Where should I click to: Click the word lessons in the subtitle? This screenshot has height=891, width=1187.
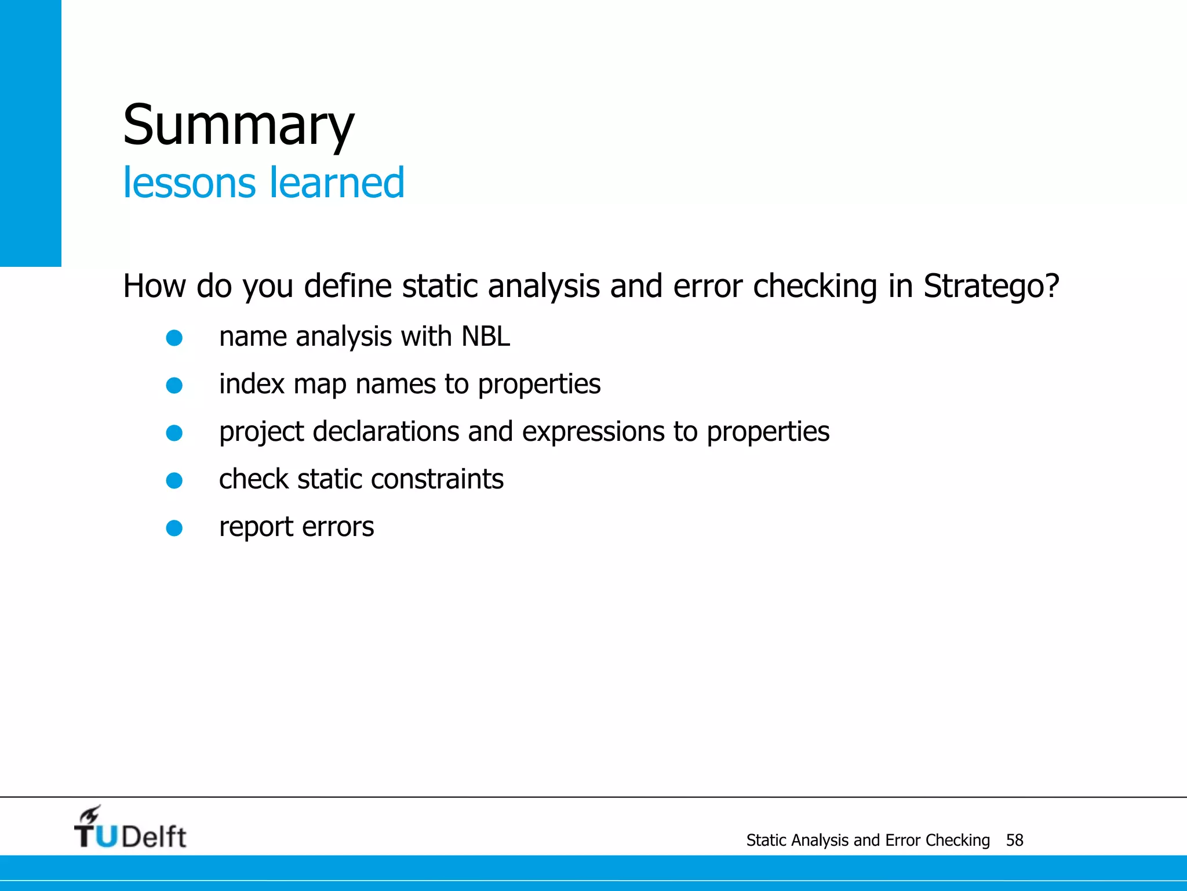pos(189,183)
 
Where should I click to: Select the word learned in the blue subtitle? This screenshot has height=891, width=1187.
pos(336,183)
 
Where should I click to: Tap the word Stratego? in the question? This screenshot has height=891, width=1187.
pos(991,287)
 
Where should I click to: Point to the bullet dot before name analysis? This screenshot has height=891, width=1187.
pos(174,338)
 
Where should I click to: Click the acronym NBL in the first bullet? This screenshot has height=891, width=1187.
pos(486,337)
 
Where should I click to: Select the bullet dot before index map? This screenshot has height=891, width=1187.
pos(174,386)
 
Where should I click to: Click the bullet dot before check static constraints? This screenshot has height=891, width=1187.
pos(174,481)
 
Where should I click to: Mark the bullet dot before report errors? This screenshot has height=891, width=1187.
pos(174,528)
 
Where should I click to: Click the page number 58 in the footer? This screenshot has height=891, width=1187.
pos(1014,841)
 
